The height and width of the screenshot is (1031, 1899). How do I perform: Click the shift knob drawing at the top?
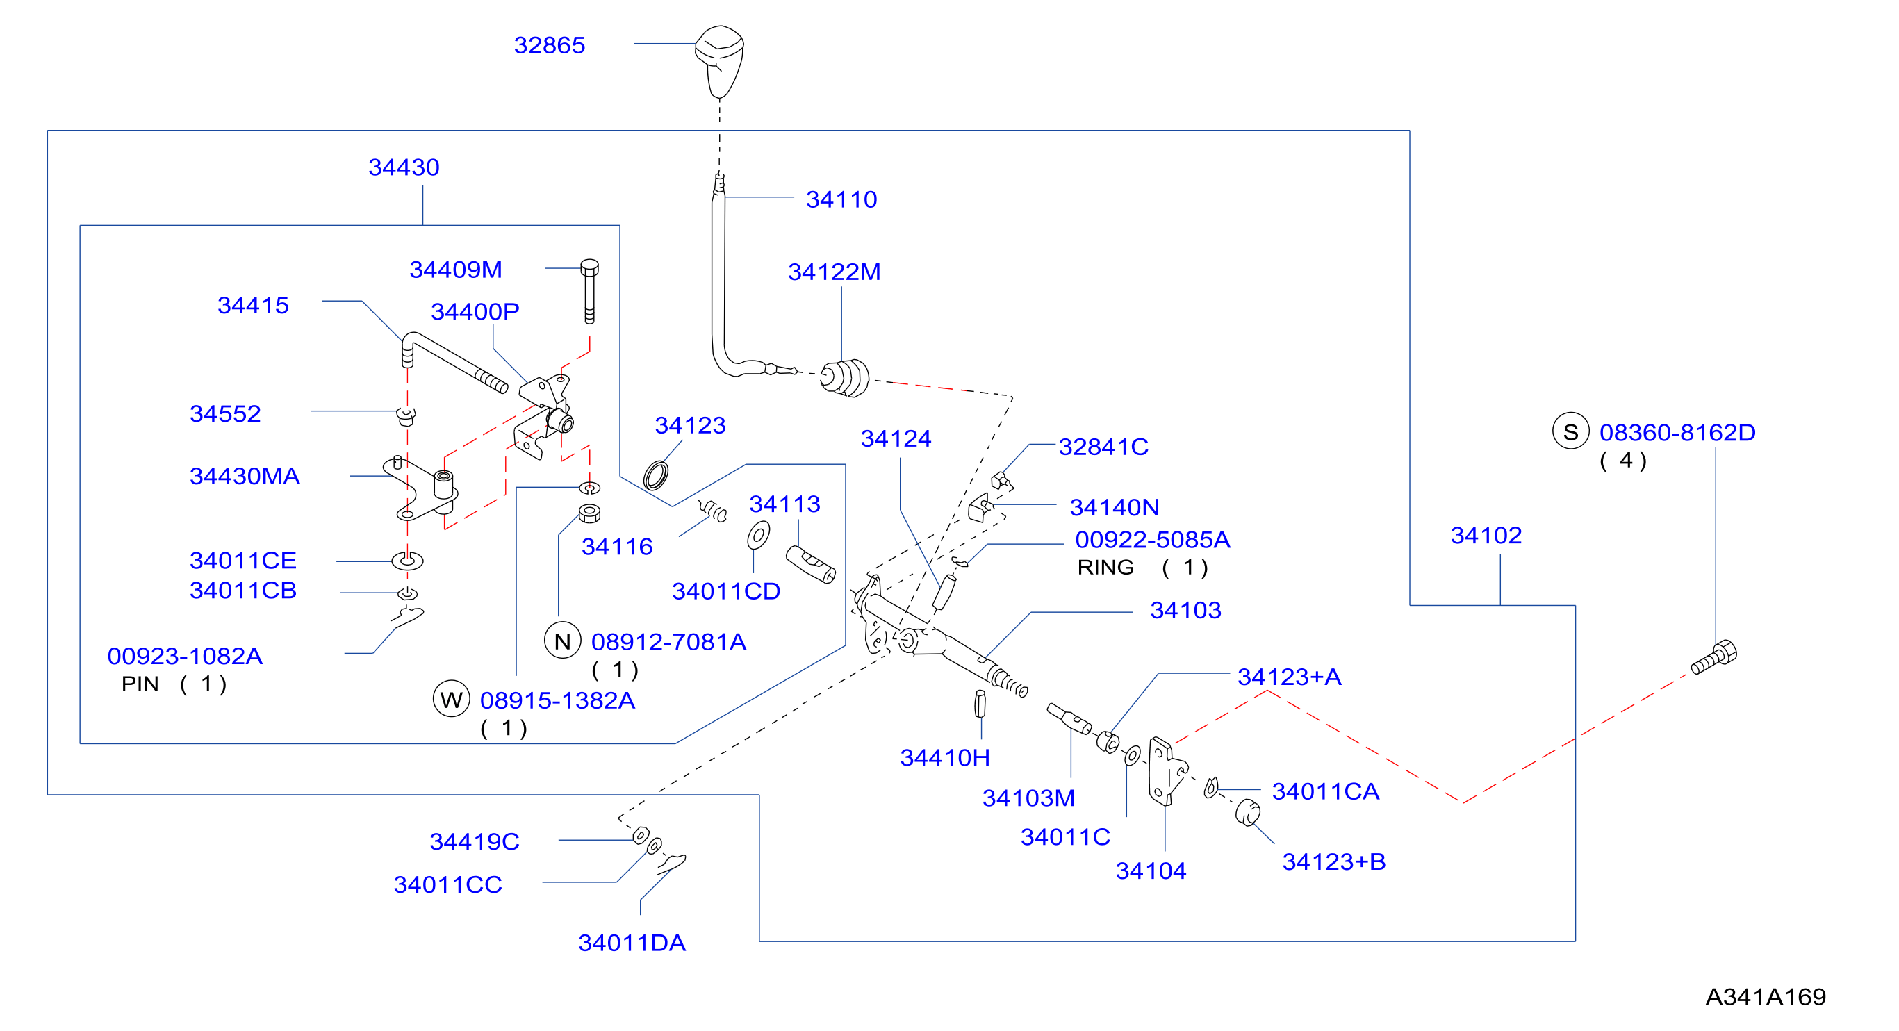(x=719, y=61)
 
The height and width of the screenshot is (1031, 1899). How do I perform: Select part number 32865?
(x=549, y=45)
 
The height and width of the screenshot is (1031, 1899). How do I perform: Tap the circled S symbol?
(x=1570, y=431)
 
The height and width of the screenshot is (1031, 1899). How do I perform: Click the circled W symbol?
(x=451, y=699)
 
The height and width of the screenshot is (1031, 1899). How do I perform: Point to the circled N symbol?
(x=563, y=641)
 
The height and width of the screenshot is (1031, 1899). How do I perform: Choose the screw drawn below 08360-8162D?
(x=1714, y=657)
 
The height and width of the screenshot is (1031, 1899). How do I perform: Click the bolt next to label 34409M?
(x=589, y=291)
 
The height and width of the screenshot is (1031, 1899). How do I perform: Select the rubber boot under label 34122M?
(x=845, y=378)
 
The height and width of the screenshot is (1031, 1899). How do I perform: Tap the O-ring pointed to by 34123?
(x=655, y=475)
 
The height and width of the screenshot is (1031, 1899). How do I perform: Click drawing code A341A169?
(x=1765, y=996)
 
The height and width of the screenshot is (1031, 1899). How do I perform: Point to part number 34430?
(x=403, y=167)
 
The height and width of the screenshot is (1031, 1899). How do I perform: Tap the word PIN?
(x=140, y=684)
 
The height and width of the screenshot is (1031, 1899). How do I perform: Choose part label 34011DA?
(x=632, y=943)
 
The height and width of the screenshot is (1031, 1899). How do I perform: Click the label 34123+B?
(x=1333, y=861)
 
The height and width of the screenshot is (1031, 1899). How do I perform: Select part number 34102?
(x=1486, y=535)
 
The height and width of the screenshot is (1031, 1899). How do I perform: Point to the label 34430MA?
(x=245, y=476)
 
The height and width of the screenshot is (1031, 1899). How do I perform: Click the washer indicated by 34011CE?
(x=407, y=561)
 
